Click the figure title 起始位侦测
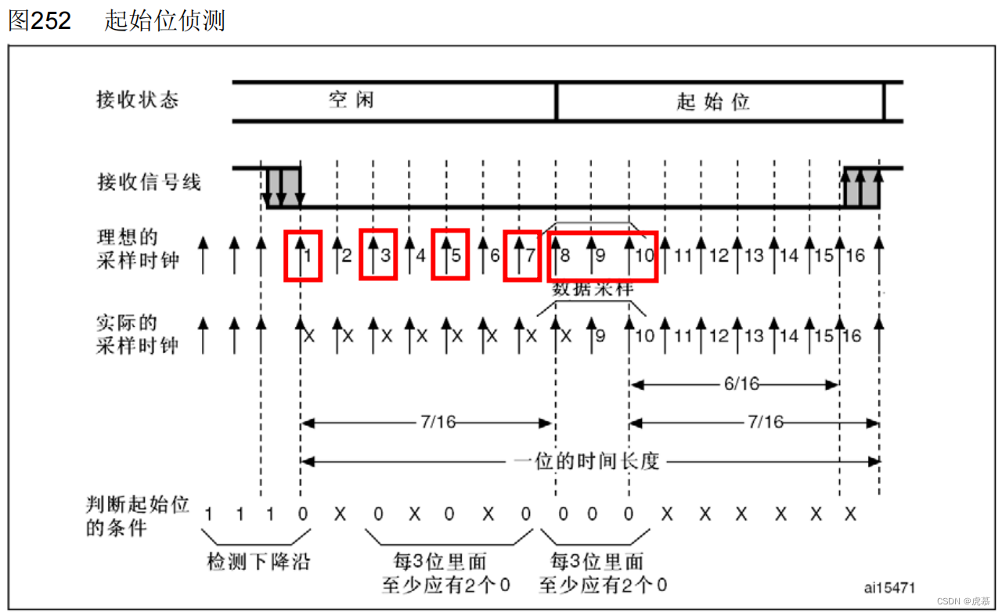(164, 20)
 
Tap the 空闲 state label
(351, 100)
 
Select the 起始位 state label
(713, 102)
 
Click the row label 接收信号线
(149, 182)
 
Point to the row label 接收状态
(137, 100)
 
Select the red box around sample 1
(303, 254)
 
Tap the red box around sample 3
(378, 254)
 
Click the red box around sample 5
(449, 254)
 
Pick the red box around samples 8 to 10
(602, 255)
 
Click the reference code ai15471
(889, 586)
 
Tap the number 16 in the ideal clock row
(855, 255)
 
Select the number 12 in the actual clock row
(719, 336)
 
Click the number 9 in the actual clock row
(600, 336)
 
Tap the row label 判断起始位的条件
(137, 516)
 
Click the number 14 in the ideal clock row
(788, 255)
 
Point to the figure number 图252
(39, 20)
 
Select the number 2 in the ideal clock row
(347, 255)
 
